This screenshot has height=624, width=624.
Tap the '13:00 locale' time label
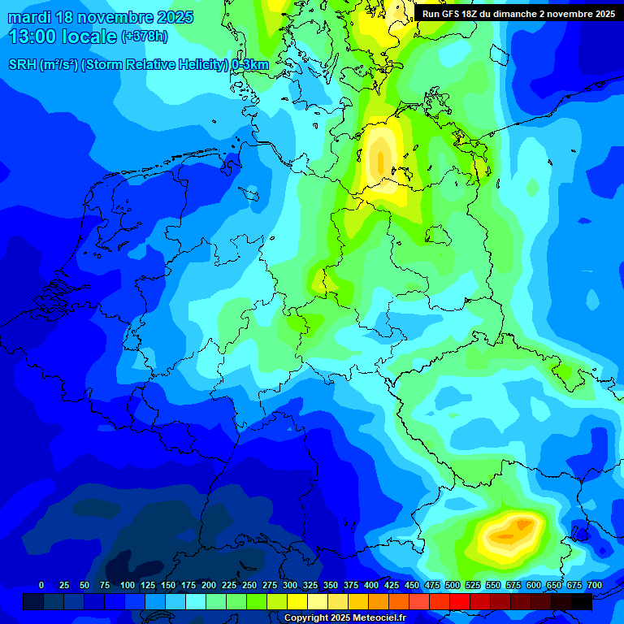[x=63, y=37]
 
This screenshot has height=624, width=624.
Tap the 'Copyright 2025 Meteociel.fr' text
[x=344, y=618]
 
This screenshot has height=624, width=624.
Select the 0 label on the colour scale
[x=41, y=585]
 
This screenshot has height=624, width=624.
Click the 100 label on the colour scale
[x=128, y=585]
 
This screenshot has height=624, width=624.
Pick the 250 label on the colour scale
[x=249, y=585]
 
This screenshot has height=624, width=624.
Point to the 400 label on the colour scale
[x=371, y=585]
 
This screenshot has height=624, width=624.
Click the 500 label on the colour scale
[x=453, y=585]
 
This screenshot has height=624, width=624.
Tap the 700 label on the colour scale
[x=594, y=585]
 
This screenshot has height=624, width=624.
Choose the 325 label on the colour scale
[x=310, y=585]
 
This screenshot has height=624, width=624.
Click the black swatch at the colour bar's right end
[x=582, y=601]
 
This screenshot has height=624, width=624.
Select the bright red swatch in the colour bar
[x=460, y=601]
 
